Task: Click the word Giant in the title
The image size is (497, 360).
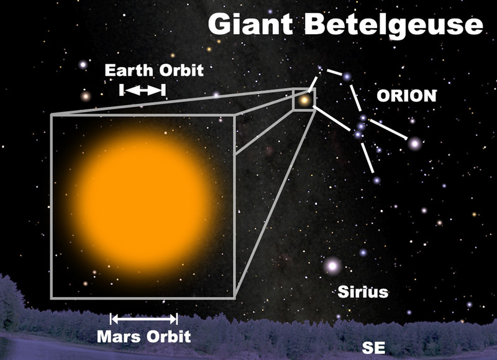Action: pyautogui.click(x=250, y=24)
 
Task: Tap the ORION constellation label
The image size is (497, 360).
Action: pyautogui.click(x=407, y=96)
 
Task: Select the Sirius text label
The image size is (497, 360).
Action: pyautogui.click(x=363, y=292)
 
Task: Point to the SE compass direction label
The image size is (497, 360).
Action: pyautogui.click(x=374, y=348)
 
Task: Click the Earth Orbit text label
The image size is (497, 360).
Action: pyautogui.click(x=154, y=70)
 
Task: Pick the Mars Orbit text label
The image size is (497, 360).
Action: pyautogui.click(x=144, y=336)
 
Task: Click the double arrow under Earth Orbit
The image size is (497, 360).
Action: pyautogui.click(x=143, y=90)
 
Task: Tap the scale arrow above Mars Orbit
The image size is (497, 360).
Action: pyautogui.click(x=144, y=319)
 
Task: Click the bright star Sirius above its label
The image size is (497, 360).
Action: pyautogui.click(x=332, y=265)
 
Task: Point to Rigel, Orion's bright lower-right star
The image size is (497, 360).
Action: pyautogui.click(x=414, y=144)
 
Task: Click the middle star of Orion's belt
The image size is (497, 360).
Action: pyautogui.click(x=361, y=126)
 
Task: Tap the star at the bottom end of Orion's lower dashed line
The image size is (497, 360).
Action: pyautogui.click(x=376, y=180)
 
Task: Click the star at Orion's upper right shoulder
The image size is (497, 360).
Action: pyautogui.click(x=347, y=76)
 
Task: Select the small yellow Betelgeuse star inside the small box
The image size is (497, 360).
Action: pyautogui.click(x=304, y=100)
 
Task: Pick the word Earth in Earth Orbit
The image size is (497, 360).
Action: pyautogui.click(x=129, y=70)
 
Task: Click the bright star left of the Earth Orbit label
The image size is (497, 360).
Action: pyautogui.click(x=83, y=65)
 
